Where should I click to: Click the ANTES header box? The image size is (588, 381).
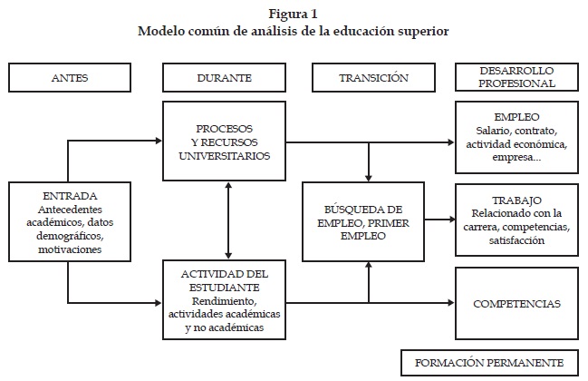(70, 78)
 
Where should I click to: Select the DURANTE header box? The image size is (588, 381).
(224, 78)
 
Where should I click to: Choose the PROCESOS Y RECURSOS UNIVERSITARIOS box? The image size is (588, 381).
(224, 142)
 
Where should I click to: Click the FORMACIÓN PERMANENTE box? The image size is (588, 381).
(488, 362)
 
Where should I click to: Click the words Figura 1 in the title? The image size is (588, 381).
(294, 14)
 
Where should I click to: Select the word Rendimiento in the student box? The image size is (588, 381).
(224, 301)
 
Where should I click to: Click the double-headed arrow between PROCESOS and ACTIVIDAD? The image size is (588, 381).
(228, 218)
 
